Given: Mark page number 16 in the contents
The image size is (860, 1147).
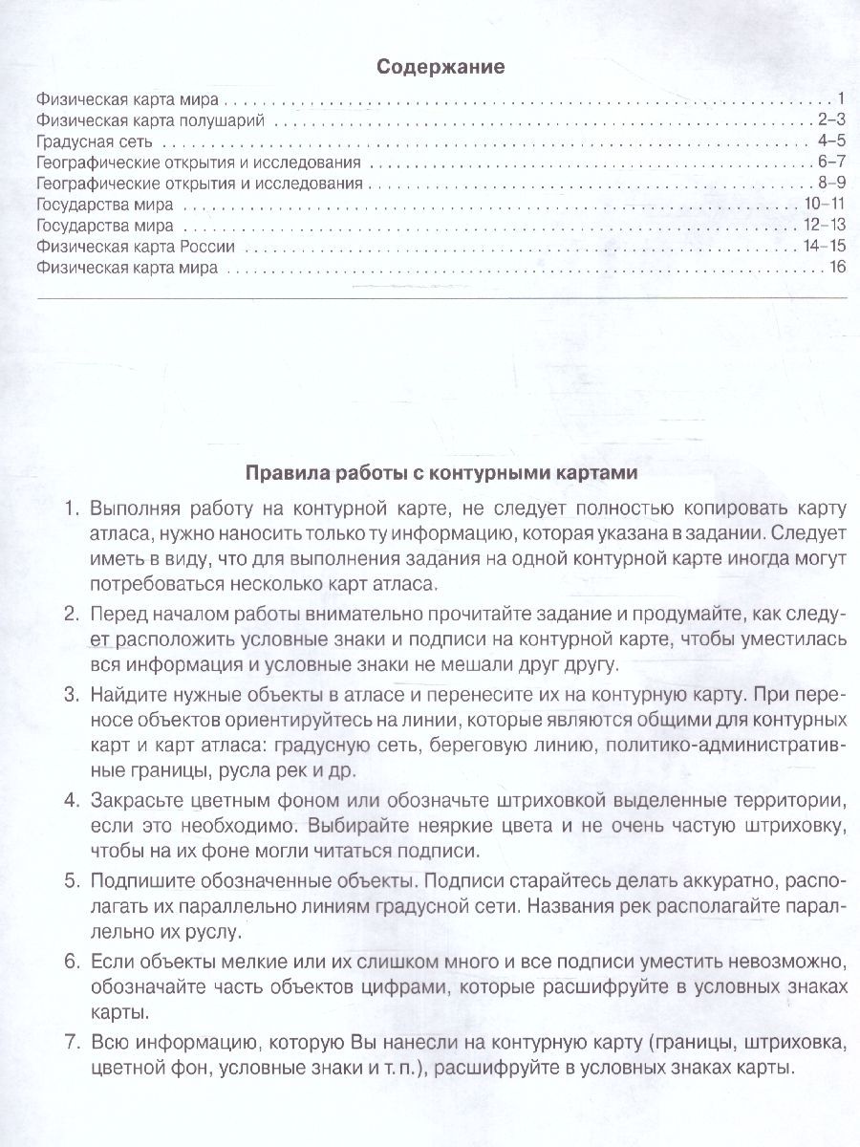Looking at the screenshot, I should click(838, 268).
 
